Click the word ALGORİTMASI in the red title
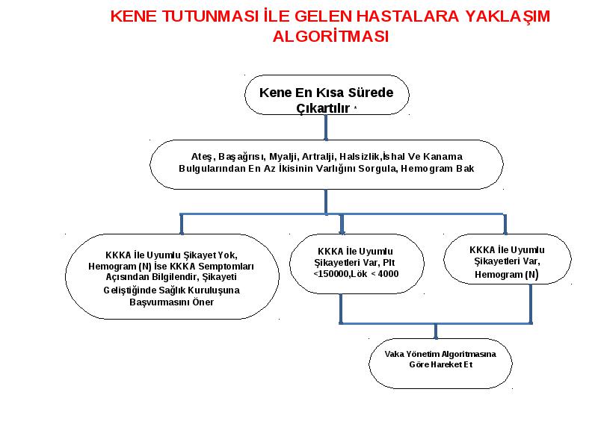tap(330, 37)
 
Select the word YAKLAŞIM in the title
tap(508, 16)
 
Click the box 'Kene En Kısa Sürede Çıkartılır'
tap(327, 95)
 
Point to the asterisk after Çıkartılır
tap(355, 108)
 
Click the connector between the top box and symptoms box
tap(326, 128)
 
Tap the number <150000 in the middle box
tap(330, 274)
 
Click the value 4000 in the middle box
tap(388, 274)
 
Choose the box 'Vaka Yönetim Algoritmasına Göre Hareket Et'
tap(440, 364)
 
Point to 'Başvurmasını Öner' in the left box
tap(172, 302)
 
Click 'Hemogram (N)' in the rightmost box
tap(507, 275)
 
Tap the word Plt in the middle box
tap(389, 263)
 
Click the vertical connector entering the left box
tap(182, 224)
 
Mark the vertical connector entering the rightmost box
tap(505, 224)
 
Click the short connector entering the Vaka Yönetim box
tap(436, 332)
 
